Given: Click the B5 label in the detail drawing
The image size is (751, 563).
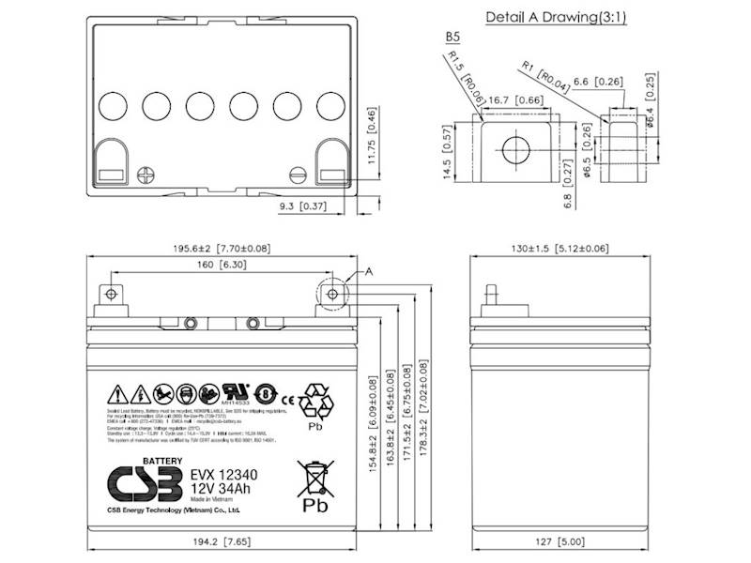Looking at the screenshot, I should [x=452, y=38].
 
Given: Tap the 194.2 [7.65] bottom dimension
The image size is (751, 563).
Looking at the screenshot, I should [x=221, y=540].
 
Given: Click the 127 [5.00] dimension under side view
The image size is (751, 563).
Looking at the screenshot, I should [x=564, y=540].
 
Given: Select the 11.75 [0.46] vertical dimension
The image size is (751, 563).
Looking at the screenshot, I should [x=372, y=140].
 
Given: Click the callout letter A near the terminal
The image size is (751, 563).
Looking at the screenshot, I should [x=369, y=271].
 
